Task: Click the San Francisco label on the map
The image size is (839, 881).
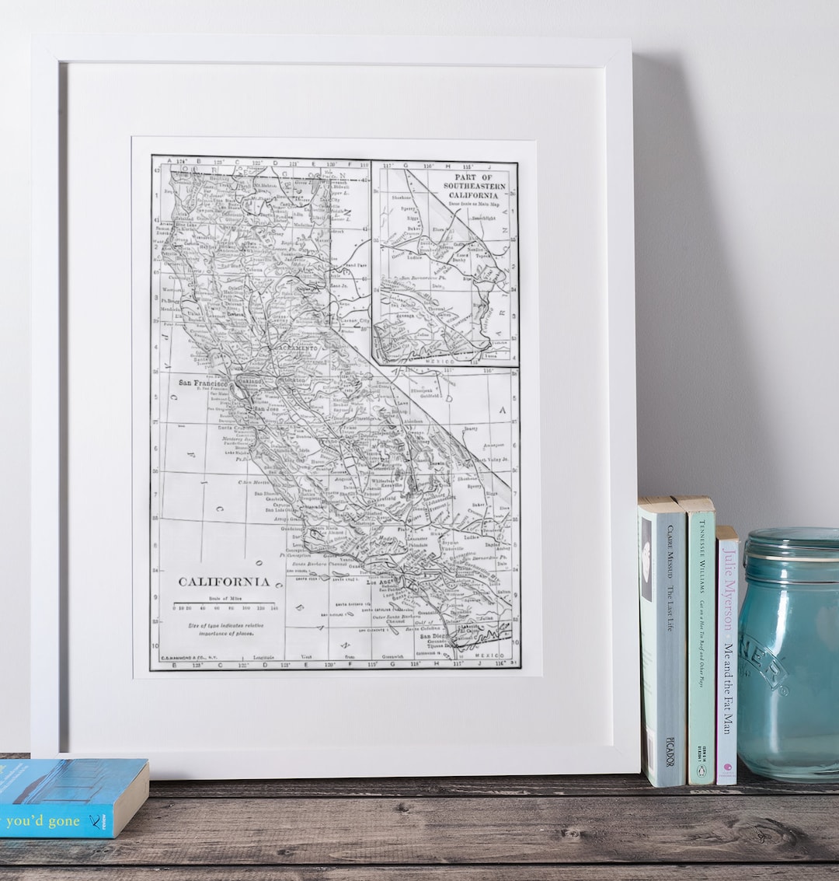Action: click(203, 383)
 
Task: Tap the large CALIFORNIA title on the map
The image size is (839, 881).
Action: click(224, 582)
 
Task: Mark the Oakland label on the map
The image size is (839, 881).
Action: click(250, 382)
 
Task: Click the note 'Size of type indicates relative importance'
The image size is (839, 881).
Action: click(225, 628)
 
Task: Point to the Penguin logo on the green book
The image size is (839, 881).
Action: click(701, 771)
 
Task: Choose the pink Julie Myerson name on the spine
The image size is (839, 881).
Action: click(729, 591)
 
